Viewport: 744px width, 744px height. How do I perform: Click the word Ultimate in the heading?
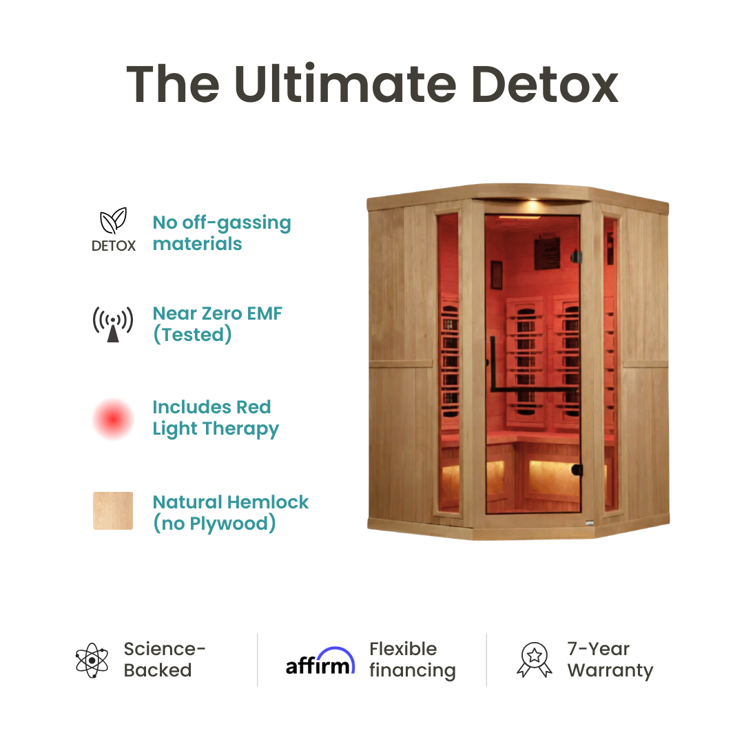coord(344,85)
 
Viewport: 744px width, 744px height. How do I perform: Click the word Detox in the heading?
coord(544,85)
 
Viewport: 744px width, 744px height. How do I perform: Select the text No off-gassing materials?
coord(222,233)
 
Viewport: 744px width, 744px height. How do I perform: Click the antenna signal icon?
coord(113,324)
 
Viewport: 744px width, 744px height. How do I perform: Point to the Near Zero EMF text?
coord(218,324)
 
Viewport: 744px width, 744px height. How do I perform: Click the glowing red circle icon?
coord(113,418)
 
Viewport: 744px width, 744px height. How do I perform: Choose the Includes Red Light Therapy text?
coord(216,417)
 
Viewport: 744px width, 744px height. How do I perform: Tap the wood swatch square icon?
coord(113,510)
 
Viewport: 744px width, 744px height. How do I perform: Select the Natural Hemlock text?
coord(231,513)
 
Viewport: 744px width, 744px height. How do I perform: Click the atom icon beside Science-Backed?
coord(92,660)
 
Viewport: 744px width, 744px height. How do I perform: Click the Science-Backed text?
coord(165,660)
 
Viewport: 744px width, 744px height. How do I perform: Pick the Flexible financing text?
coord(412,660)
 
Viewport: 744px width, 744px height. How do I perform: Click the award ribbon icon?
coord(534,660)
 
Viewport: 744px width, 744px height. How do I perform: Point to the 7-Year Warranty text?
coord(610,660)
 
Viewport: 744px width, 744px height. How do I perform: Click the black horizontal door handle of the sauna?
coord(534,390)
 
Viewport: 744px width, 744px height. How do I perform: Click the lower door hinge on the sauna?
coord(577,471)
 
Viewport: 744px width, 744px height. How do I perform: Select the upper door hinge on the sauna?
coord(577,257)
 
